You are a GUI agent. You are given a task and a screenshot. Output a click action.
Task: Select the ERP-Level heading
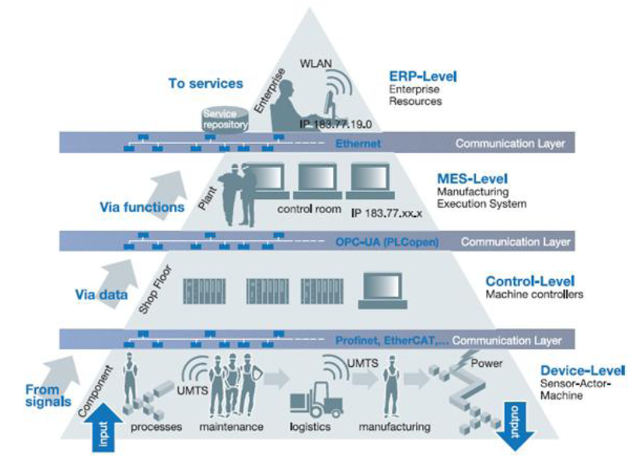point(422,77)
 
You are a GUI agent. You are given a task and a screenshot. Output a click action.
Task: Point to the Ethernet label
point(358,144)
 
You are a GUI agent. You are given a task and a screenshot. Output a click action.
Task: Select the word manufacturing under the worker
point(393,427)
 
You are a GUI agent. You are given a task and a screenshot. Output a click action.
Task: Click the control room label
point(306,209)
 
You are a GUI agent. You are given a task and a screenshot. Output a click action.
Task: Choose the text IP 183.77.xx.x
point(382,211)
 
